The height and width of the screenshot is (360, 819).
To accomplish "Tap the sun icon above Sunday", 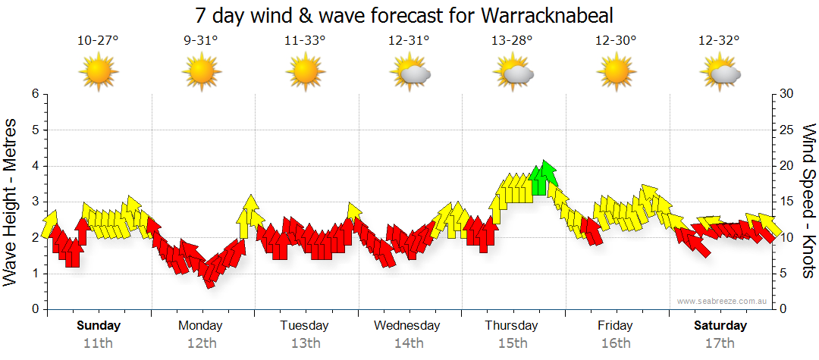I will (x=99, y=73).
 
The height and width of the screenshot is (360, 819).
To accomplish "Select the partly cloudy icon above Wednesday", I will (x=410, y=73).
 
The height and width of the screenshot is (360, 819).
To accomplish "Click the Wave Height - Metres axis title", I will (x=11, y=201).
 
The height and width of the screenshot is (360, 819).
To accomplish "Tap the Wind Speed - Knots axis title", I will (x=808, y=201).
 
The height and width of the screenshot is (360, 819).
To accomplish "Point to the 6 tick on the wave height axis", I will (x=34, y=94).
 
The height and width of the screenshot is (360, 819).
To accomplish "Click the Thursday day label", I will (x=512, y=326).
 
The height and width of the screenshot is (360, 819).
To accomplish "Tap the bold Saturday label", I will (x=720, y=326).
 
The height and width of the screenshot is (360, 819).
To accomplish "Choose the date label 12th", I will (x=201, y=343).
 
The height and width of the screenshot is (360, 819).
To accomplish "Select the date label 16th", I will (x=615, y=343).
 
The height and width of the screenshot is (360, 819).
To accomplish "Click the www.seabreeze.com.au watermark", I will (x=723, y=302).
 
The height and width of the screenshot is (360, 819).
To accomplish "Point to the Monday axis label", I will (x=200, y=326).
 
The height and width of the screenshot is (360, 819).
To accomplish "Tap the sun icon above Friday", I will (x=615, y=73).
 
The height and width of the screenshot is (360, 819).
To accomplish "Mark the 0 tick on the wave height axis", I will (x=34, y=309).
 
